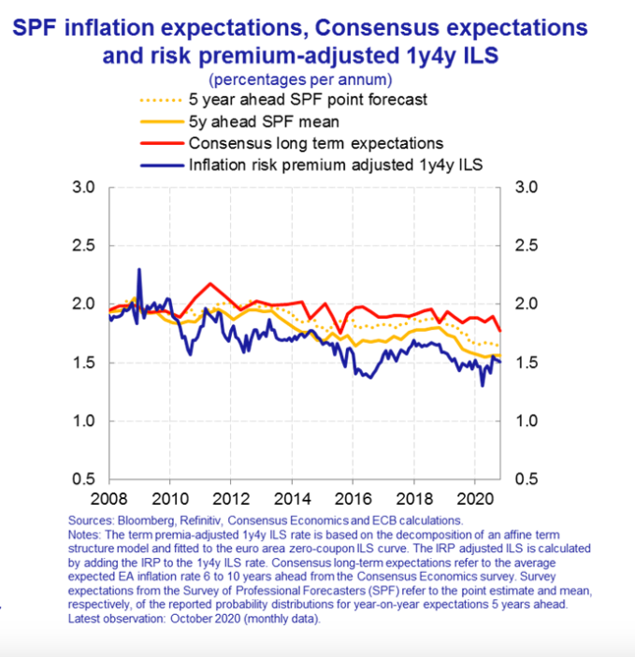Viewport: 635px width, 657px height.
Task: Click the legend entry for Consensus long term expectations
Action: coord(315,144)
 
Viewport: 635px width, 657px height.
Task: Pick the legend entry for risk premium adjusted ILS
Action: coord(336,166)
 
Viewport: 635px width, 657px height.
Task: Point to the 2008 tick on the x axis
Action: coord(109,496)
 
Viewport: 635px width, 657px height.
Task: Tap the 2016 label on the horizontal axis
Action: coord(354,496)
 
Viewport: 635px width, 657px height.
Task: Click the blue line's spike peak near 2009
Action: coord(139,269)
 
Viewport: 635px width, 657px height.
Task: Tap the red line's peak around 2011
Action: coord(210,283)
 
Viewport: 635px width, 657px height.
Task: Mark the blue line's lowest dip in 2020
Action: coord(483,385)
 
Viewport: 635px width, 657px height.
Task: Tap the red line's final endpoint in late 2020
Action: coord(500,331)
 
